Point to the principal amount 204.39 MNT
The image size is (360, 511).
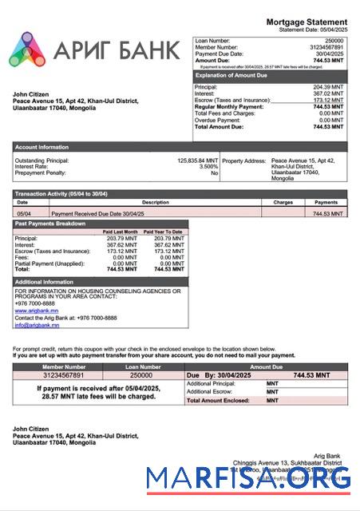[328, 86]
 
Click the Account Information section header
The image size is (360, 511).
[42, 147]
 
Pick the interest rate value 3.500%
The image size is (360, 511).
[208, 167]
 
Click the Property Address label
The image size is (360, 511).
[244, 160]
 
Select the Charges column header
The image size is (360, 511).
[283, 203]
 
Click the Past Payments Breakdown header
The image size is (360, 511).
[50, 224]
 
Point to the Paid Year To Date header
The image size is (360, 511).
[166, 232]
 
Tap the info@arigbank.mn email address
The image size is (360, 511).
[37, 325]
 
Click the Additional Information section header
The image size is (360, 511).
[45, 282]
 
